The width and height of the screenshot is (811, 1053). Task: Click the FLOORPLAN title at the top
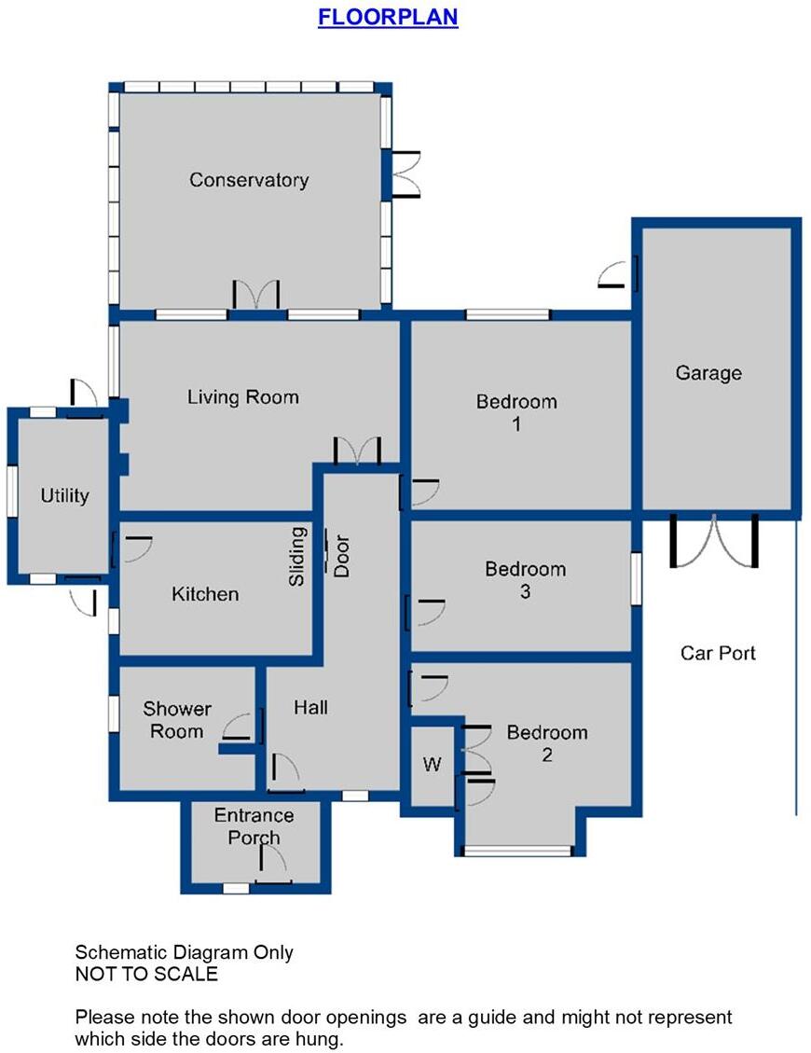[388, 18]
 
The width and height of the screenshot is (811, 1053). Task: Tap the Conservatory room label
[249, 180]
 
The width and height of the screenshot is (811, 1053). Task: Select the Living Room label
[243, 397]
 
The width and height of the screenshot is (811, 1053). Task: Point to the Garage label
[708, 373]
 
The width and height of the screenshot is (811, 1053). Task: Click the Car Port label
[718, 653]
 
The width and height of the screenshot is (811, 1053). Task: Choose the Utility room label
[64, 495]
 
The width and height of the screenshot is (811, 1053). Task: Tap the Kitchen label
[205, 594]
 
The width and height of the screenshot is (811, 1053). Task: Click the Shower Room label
[177, 720]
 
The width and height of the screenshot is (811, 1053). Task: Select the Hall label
[310, 708]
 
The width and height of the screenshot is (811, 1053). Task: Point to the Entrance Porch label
[254, 826]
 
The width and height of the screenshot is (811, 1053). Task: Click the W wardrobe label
[432, 765]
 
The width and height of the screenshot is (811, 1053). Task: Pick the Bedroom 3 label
[525, 579]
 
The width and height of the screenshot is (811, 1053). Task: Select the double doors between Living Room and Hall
[359, 451]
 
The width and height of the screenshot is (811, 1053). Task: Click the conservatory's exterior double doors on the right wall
[405, 173]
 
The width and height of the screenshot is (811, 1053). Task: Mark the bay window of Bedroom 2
[518, 850]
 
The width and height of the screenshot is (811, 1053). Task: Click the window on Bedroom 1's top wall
[508, 314]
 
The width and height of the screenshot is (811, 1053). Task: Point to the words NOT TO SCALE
[146, 975]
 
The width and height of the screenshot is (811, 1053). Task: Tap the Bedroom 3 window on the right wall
[637, 578]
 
